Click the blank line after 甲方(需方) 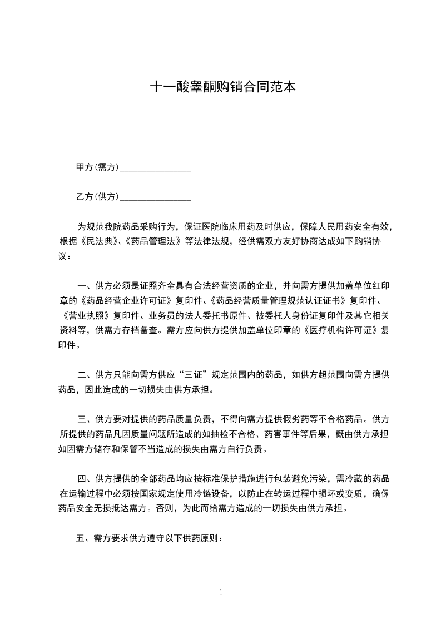pos(156,168)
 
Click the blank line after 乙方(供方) pos(156,197)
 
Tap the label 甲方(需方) pos(97,167)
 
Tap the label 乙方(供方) pos(97,196)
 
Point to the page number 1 pos(221,592)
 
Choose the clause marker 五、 pos(83,538)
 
